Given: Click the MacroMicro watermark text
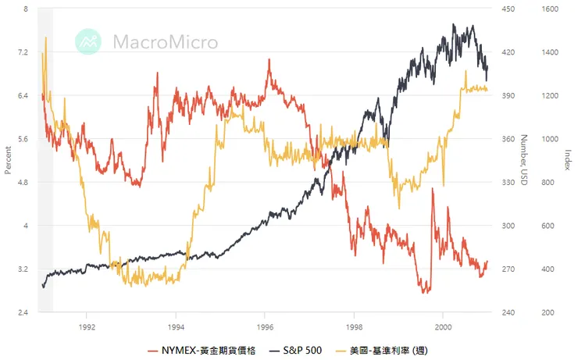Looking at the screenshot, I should pyautogui.click(x=165, y=41).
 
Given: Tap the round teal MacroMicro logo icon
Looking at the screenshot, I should pyautogui.click(x=88, y=41).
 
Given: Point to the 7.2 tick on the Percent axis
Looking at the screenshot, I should pyautogui.click(x=22, y=52).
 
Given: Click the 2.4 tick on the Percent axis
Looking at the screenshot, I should pyautogui.click(x=22, y=312).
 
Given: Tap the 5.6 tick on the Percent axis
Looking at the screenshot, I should pyautogui.click(x=22, y=139).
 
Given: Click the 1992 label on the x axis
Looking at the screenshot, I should pyautogui.click(x=87, y=326).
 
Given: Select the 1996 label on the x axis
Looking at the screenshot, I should pyautogui.click(x=265, y=326).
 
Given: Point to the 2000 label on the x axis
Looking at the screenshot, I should pyautogui.click(x=443, y=326).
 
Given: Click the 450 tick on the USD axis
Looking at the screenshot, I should pyautogui.click(x=508, y=9).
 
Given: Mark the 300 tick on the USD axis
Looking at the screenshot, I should pyautogui.click(x=508, y=226).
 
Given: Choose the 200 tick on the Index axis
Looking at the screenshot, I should pyautogui.click(x=550, y=312).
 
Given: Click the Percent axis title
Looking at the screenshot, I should pyautogui.click(x=8, y=160).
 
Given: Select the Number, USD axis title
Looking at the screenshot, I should pyautogui.click(x=525, y=160).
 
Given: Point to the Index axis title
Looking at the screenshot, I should pyautogui.click(x=568, y=160).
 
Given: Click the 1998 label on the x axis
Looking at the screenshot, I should pyautogui.click(x=354, y=326).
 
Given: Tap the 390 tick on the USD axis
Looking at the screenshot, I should pyautogui.click(x=508, y=96).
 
